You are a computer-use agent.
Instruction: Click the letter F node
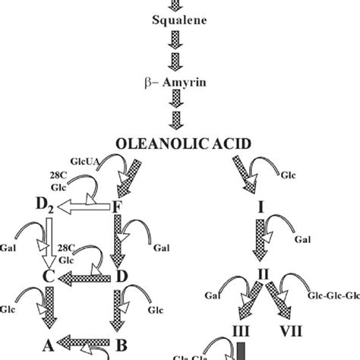pyautogui.click(x=117, y=206)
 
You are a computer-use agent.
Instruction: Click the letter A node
pyautogui.click(x=47, y=342)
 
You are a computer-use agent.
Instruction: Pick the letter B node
pyautogui.click(x=119, y=342)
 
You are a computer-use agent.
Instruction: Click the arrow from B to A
pyautogui.click(x=84, y=343)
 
